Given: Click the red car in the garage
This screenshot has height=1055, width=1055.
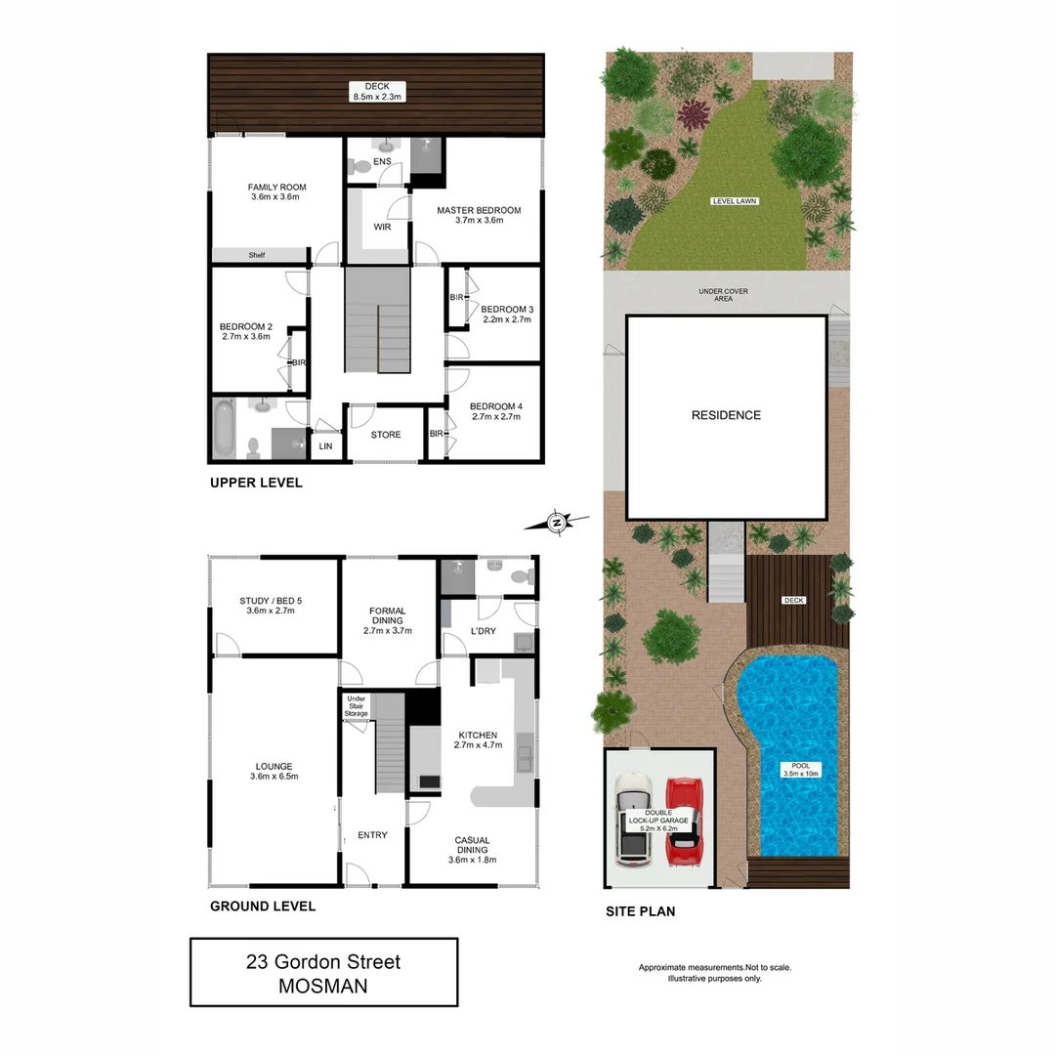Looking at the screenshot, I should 685,823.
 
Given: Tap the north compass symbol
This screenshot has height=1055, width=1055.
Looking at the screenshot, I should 557,523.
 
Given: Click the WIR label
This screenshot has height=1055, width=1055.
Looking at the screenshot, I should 382,228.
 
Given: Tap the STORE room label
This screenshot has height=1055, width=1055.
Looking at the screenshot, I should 386,435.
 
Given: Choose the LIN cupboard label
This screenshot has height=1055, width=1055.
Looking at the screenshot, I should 325,446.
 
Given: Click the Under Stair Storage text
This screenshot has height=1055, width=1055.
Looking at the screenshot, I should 356,706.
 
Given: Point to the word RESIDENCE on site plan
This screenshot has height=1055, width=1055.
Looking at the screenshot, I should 726,415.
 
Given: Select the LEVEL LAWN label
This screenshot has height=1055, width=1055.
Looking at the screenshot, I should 735,201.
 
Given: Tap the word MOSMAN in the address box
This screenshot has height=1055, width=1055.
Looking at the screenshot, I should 323,986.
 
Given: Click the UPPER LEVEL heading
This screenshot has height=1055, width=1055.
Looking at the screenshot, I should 257,483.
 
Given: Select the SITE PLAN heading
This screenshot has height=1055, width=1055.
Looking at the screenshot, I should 640,911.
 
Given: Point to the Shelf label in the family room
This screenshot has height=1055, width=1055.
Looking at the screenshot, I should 256,255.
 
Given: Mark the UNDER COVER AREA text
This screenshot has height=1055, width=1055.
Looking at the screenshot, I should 723,294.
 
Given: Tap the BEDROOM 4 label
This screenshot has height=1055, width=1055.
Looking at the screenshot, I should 495,411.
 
